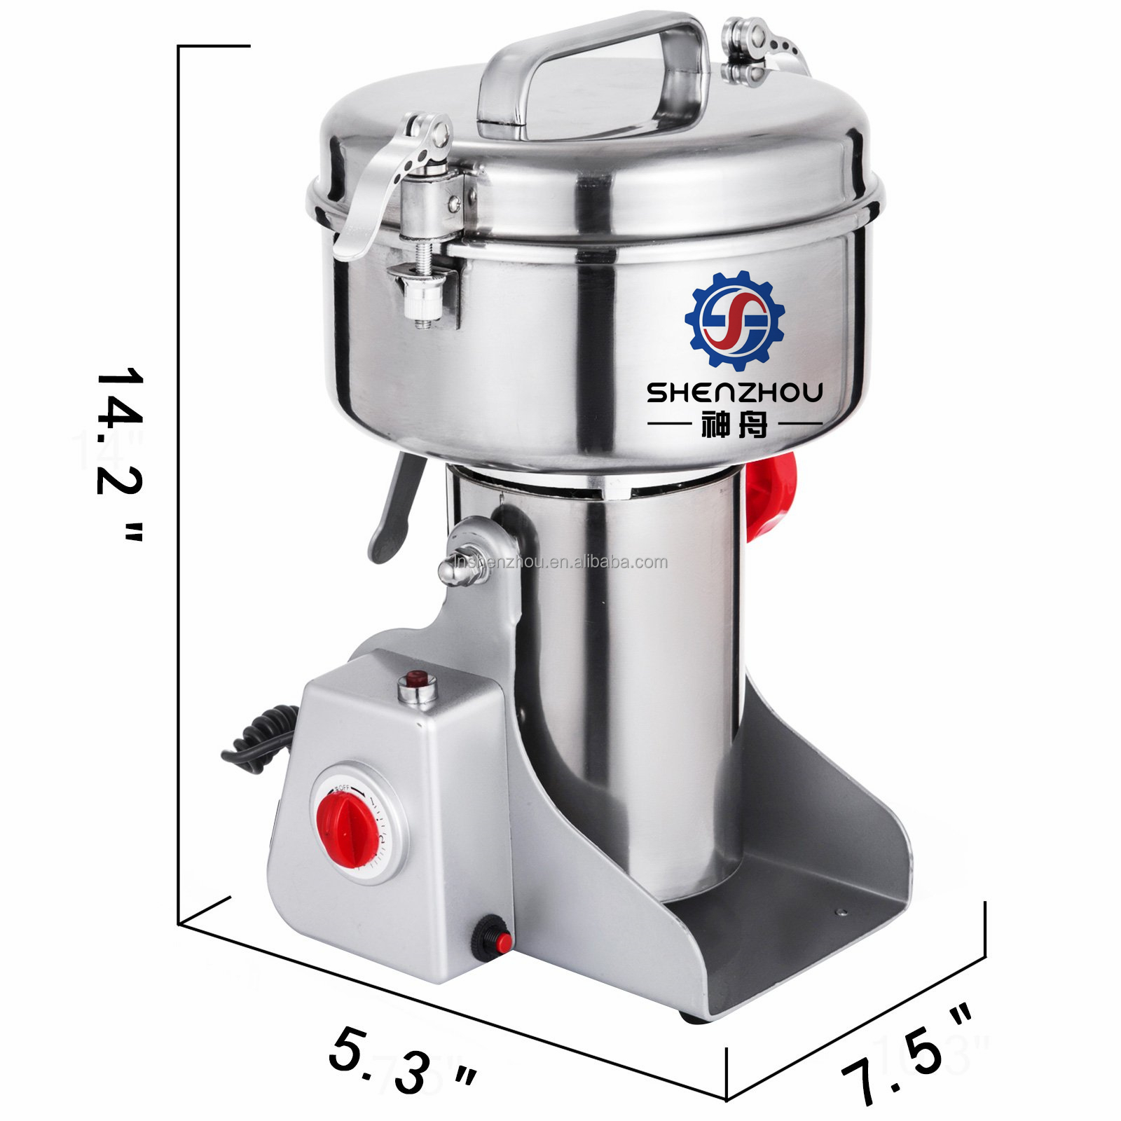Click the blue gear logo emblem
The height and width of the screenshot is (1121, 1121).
(735, 319)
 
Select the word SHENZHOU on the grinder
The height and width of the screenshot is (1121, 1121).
(734, 392)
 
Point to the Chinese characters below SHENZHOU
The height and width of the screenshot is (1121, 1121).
(734, 425)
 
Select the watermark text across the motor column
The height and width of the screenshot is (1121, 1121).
(560, 563)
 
